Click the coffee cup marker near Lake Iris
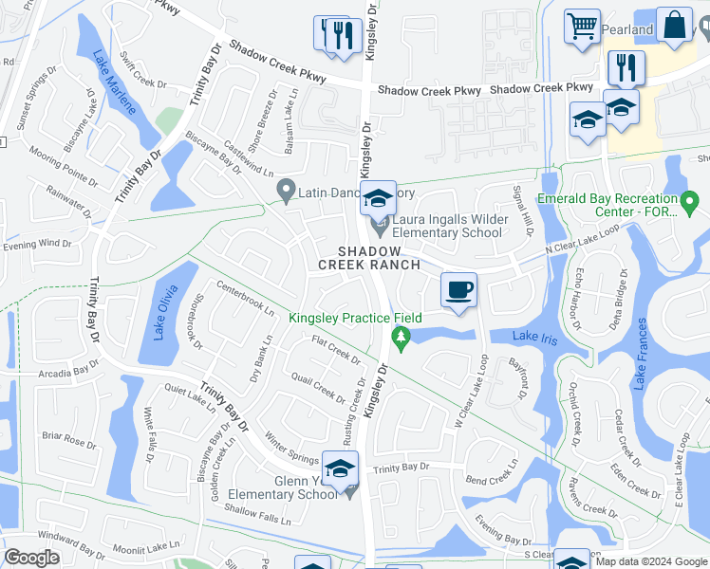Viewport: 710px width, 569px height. (x=459, y=289)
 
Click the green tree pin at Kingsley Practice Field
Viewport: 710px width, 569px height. (x=401, y=337)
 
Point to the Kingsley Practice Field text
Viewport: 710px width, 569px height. (x=355, y=319)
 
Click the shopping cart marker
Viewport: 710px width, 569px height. (x=582, y=26)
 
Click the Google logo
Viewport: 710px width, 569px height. (x=31, y=558)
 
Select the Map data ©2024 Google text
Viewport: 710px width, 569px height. (x=651, y=561)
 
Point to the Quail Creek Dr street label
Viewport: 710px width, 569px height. (x=317, y=388)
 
